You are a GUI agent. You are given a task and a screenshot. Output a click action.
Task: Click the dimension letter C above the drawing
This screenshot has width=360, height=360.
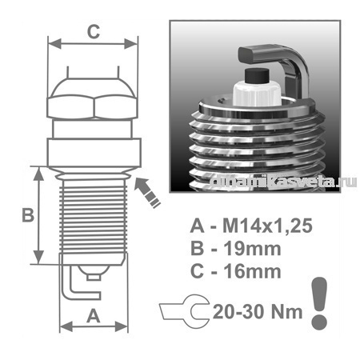tap(94, 32)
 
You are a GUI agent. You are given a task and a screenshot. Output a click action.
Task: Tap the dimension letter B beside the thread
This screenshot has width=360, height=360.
tap(28, 214)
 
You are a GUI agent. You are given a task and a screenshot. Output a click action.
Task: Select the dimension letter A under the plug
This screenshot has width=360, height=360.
tap(94, 316)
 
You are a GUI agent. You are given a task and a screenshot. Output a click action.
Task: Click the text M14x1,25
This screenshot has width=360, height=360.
tap(267, 226)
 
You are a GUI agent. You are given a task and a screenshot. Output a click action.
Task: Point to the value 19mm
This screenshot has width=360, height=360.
tap(252, 249)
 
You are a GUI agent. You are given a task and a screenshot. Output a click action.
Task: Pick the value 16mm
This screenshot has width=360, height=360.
tap(252, 271)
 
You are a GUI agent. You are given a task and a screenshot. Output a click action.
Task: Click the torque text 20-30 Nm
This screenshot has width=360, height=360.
tap(258, 312)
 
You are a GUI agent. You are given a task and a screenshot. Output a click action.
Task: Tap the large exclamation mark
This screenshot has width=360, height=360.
tap(319, 303)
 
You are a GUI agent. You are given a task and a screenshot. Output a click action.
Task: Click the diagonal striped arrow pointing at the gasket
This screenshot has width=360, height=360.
tap(147, 193)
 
